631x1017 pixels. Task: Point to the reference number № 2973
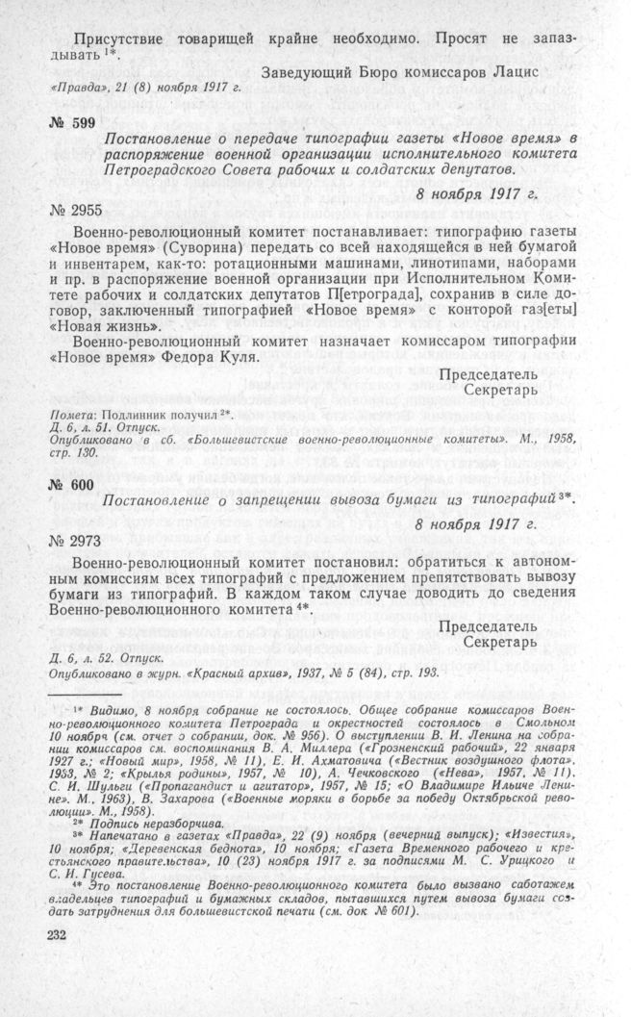(75, 546)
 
